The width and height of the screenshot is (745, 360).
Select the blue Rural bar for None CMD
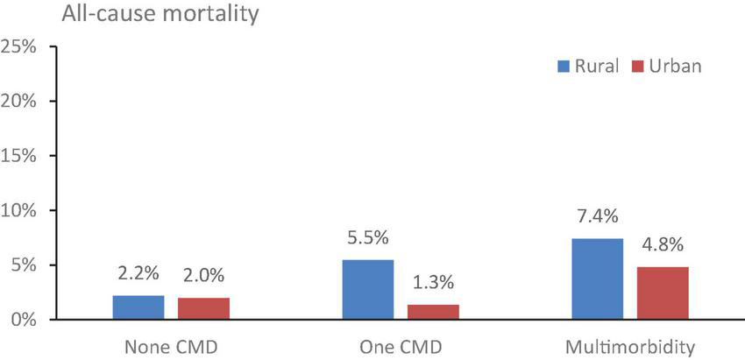tap(138, 307)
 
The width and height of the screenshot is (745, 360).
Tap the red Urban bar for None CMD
tap(203, 309)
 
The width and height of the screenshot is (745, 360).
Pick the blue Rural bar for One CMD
tap(368, 290)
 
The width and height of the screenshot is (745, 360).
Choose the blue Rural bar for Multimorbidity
tap(598, 279)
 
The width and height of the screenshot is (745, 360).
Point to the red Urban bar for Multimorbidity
tap(663, 293)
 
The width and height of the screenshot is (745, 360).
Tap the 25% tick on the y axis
tap(19, 46)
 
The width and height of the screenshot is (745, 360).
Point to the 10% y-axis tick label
tap(19, 210)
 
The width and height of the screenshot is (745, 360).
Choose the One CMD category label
tap(400, 347)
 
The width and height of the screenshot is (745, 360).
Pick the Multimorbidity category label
tap(630, 347)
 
